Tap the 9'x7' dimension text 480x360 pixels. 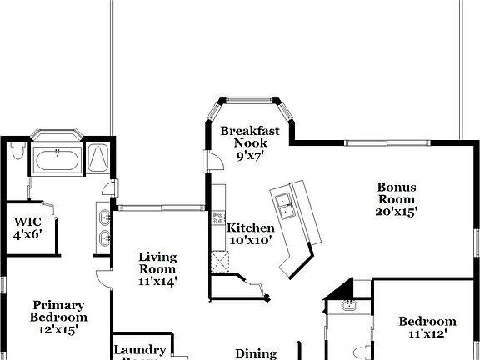249,154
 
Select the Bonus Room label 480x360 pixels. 397,193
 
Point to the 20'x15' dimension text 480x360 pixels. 397,212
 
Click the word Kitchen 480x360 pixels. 251,227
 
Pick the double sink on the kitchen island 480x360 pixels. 285,205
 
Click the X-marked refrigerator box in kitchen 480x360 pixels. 222,261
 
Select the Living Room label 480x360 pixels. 157,262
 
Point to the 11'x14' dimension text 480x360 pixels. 157,281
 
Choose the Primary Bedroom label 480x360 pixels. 59,311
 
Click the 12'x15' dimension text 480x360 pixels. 59,329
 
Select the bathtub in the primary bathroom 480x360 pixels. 57,156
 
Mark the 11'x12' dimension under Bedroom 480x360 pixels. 427,334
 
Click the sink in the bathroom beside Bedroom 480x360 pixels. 349,306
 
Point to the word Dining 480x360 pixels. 256,353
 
